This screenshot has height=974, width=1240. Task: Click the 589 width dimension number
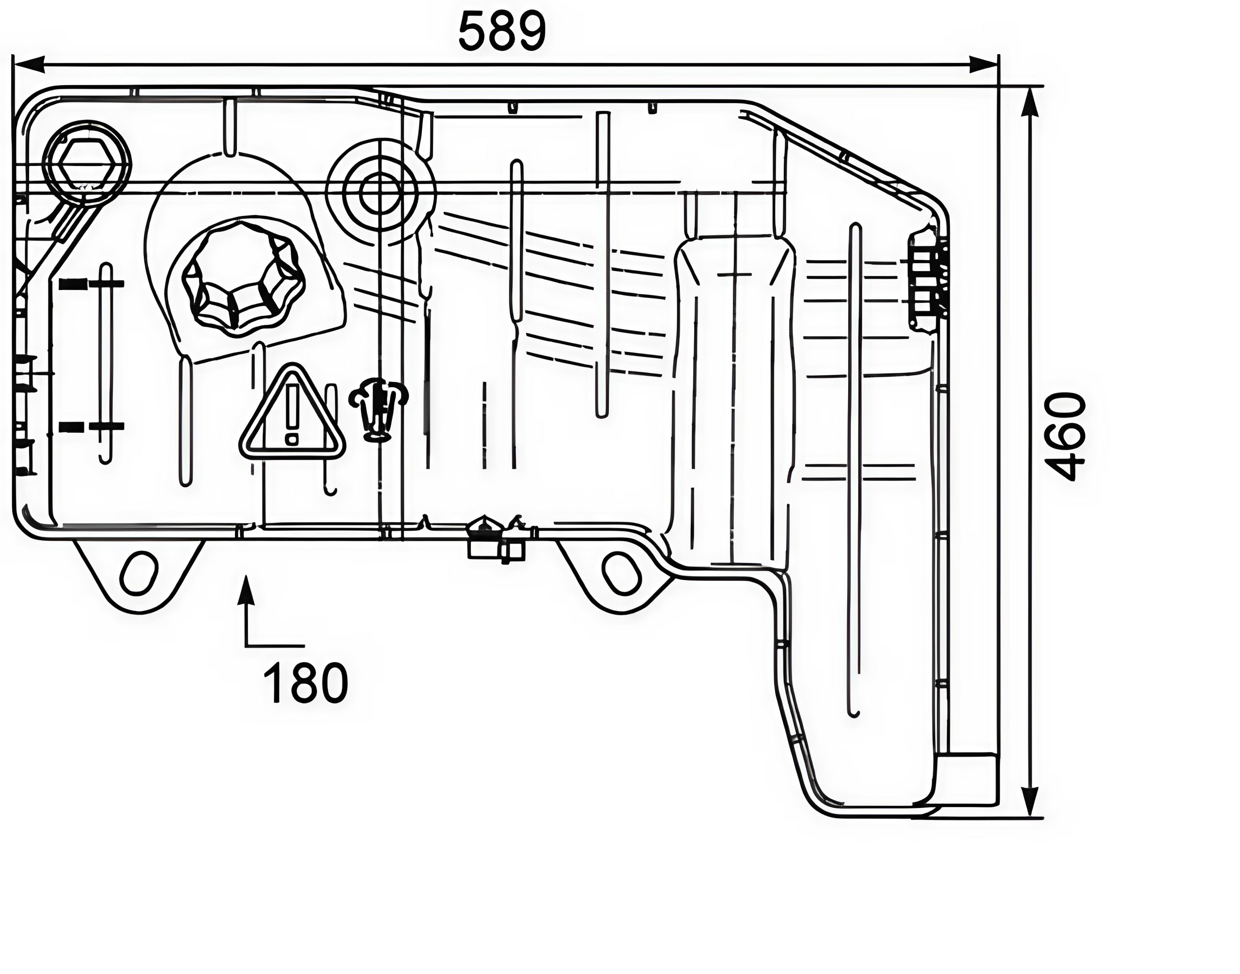(x=502, y=32)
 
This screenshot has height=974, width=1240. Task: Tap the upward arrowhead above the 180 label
(x=246, y=590)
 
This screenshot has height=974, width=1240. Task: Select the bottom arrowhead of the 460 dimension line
(x=1029, y=801)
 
